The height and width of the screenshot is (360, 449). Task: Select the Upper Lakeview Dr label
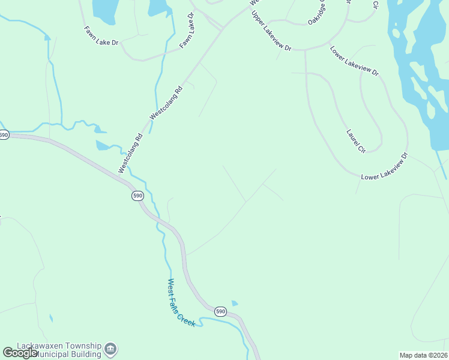pos(271,31)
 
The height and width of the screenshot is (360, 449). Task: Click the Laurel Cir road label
pos(357,140)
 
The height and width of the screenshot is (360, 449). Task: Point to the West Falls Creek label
pos(181,303)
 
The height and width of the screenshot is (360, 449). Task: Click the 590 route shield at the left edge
pos(4,135)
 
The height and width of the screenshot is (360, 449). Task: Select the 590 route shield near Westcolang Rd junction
pos(137,196)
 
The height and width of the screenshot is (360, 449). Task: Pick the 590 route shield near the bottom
pos(220,311)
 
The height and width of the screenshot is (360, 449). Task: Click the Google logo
pos(20,353)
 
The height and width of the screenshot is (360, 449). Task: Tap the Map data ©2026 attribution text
pos(423,355)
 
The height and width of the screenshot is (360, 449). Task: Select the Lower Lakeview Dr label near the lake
pos(354,61)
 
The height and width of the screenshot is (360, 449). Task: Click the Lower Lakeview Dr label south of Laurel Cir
pos(384,167)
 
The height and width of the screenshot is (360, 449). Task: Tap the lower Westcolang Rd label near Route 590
pos(130,154)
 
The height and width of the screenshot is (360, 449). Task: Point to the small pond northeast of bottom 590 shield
pos(234,303)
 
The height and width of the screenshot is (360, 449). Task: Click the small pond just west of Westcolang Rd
pos(103,146)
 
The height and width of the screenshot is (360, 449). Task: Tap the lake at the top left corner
pos(104,8)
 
